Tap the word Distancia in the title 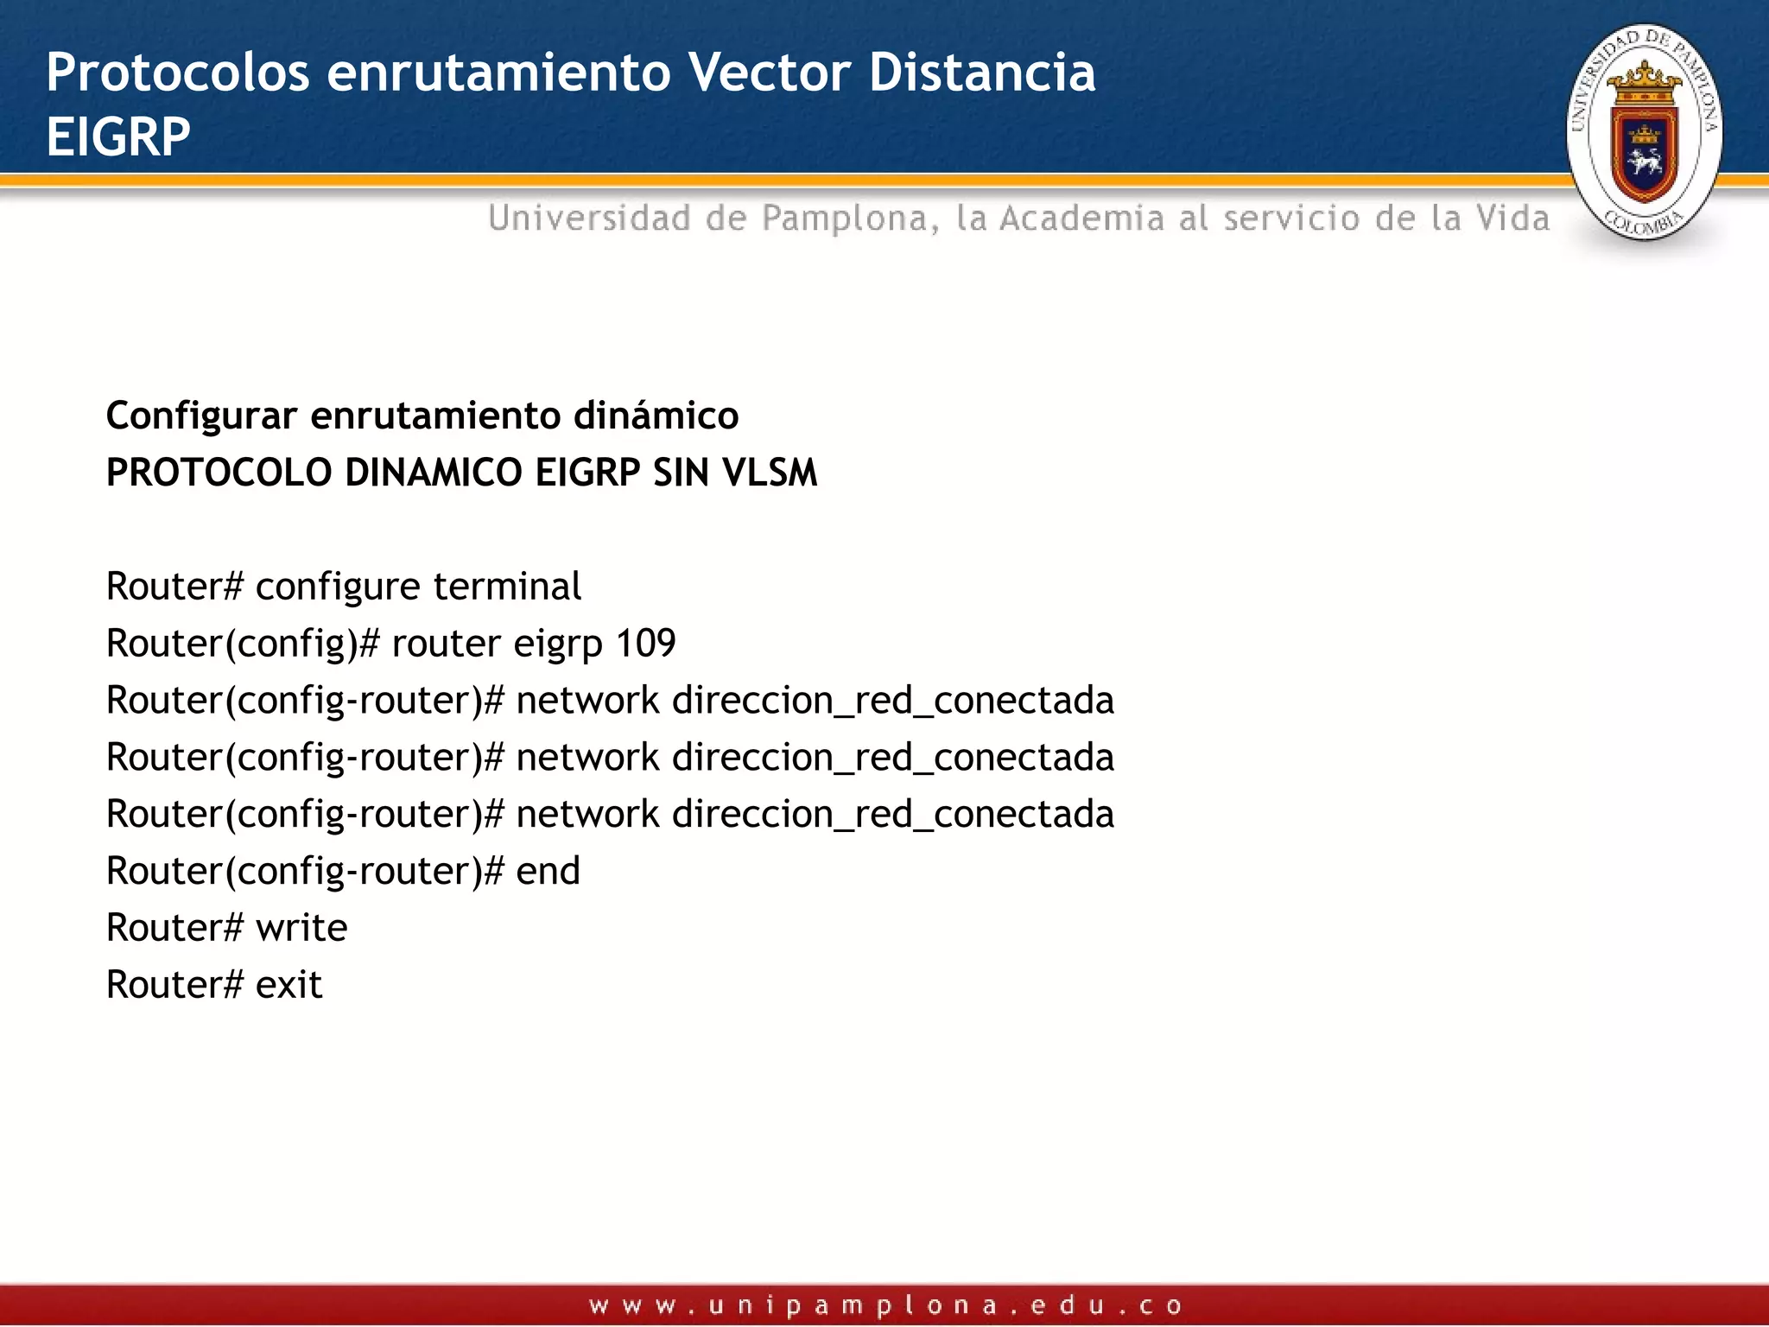click(982, 72)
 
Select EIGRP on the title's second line click(118, 137)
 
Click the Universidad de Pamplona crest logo click(1644, 132)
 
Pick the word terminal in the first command click(507, 587)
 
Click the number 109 click(645, 644)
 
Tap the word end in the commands click(548, 871)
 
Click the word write click(301, 928)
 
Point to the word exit click(288, 985)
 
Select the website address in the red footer click(884, 1305)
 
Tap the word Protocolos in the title click(177, 72)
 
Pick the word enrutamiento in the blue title click(498, 72)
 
